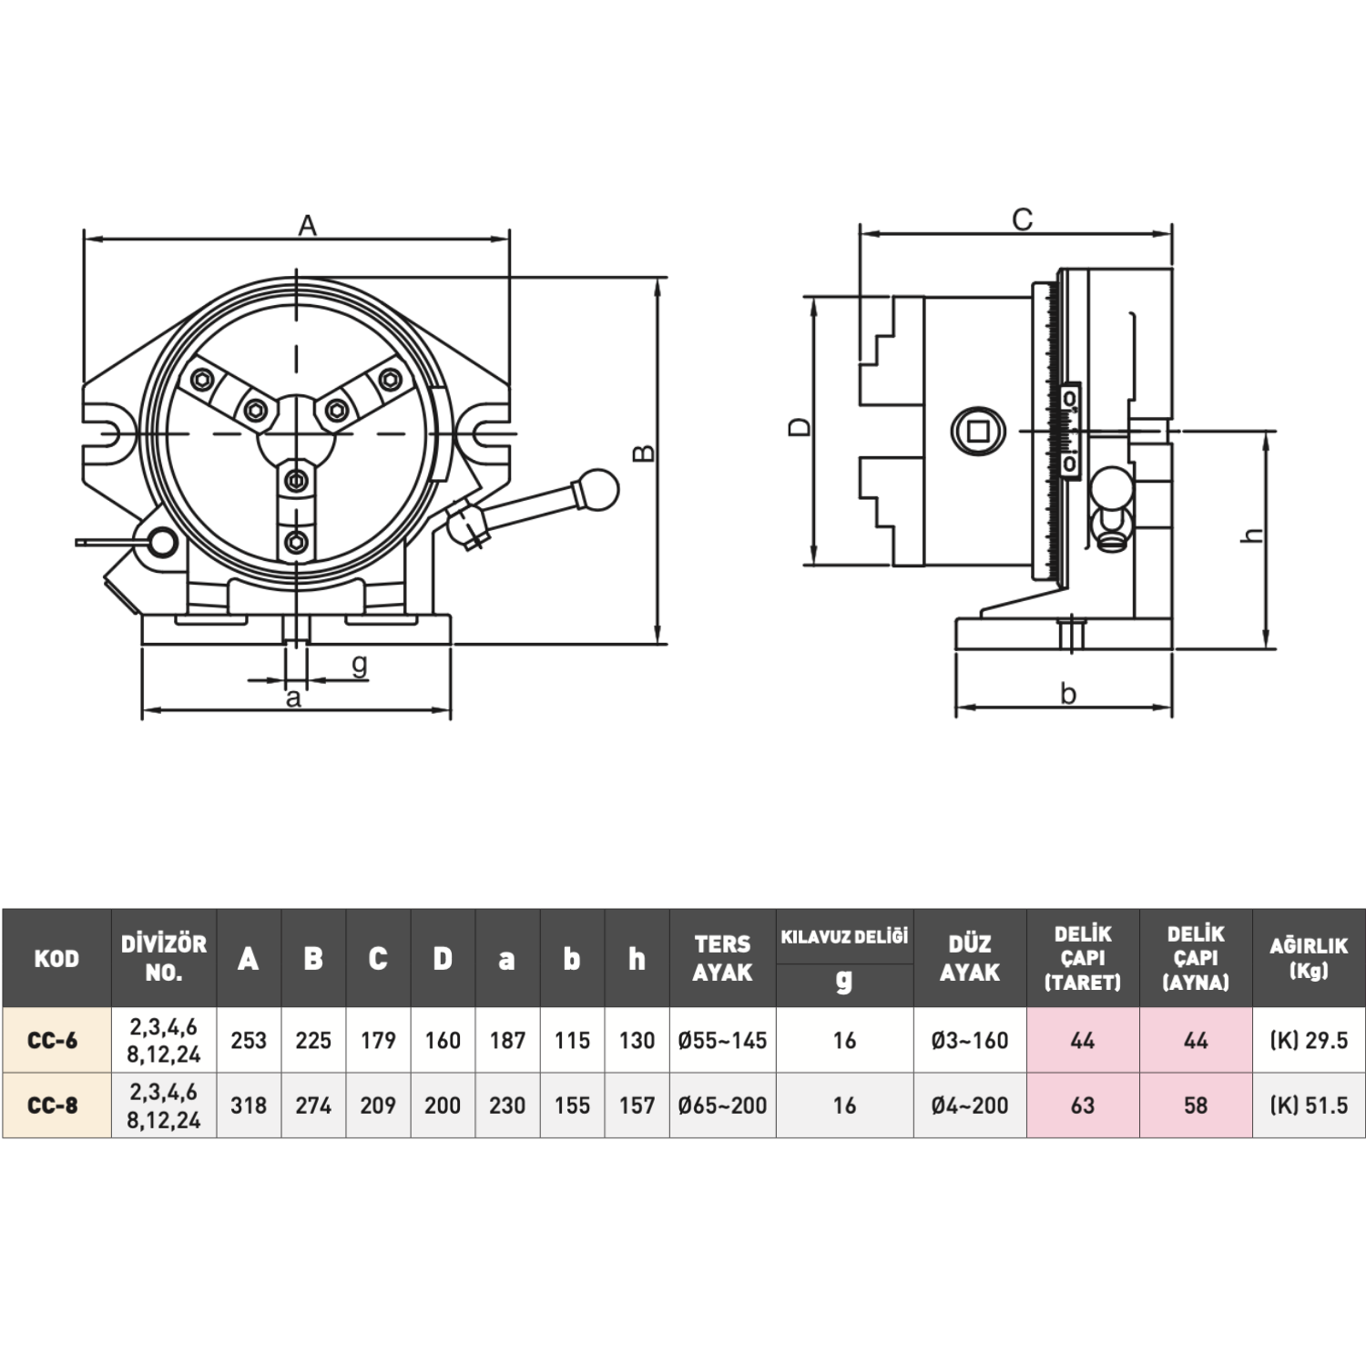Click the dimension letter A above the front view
tap(308, 225)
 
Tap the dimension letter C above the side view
tap(1023, 219)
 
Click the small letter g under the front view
tap(360, 665)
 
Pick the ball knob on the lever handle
tap(596, 489)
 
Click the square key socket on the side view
tap(978, 430)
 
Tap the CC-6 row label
tap(53, 1040)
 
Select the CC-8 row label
tap(53, 1106)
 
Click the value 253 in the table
tap(249, 1040)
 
